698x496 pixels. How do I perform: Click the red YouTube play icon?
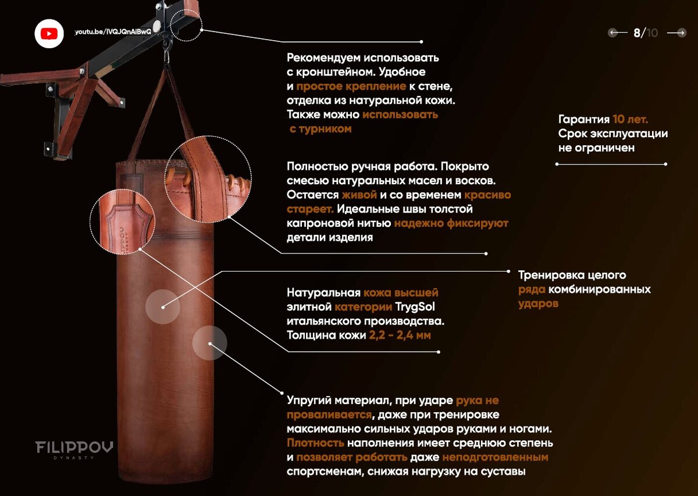click(49, 34)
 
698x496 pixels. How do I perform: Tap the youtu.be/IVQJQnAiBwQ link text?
click(113, 32)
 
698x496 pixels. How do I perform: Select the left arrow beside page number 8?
click(618, 33)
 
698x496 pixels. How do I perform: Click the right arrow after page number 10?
click(676, 33)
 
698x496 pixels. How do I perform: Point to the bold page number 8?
click(637, 33)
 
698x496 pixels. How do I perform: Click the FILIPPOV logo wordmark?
click(74, 447)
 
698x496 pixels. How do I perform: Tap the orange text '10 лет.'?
click(631, 119)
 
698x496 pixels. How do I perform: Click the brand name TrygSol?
click(415, 307)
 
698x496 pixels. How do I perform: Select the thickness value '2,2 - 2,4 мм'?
click(400, 336)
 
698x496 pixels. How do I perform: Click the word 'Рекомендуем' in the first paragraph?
click(323, 58)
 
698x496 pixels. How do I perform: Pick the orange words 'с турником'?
click(320, 129)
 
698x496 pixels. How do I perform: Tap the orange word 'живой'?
click(359, 195)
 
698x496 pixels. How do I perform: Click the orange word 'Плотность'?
click(315, 443)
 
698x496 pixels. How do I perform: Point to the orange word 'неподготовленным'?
click(495, 457)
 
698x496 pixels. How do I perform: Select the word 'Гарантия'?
click(584, 119)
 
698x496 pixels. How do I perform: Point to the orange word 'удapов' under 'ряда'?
click(538, 304)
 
